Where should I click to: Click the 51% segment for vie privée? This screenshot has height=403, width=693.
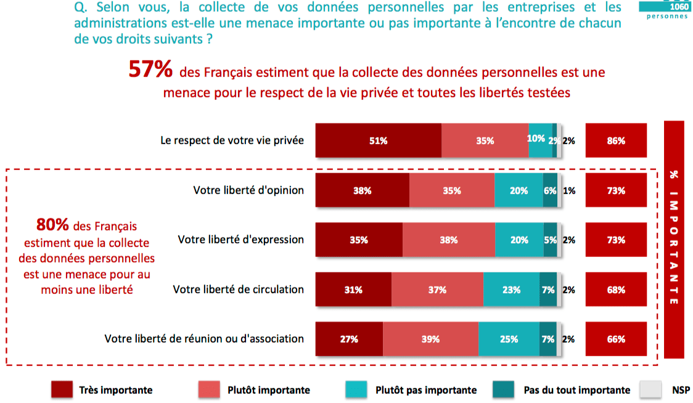tap(379, 140)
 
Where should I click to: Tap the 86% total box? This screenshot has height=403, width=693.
tap(616, 140)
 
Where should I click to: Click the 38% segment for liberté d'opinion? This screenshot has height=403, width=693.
tap(363, 190)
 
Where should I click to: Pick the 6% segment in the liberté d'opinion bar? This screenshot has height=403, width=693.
tap(550, 190)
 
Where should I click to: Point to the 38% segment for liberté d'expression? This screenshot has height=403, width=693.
tap(449, 240)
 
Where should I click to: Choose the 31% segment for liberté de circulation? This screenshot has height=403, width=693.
tap(353, 290)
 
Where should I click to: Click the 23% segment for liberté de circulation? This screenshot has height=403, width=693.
tap(511, 290)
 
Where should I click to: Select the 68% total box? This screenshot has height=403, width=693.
tap(616, 290)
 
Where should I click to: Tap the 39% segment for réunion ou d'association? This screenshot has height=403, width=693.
tap(430, 339)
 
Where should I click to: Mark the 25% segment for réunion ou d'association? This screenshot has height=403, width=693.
tap(509, 339)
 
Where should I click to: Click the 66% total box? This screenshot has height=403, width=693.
tap(616, 339)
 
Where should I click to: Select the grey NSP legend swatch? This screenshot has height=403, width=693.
tap(650, 389)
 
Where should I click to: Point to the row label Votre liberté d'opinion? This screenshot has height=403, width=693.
tap(248, 190)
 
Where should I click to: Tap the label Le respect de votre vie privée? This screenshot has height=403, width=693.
tap(232, 140)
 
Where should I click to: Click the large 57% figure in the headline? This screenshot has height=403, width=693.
tap(150, 70)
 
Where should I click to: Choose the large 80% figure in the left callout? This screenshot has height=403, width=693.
tap(52, 224)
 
